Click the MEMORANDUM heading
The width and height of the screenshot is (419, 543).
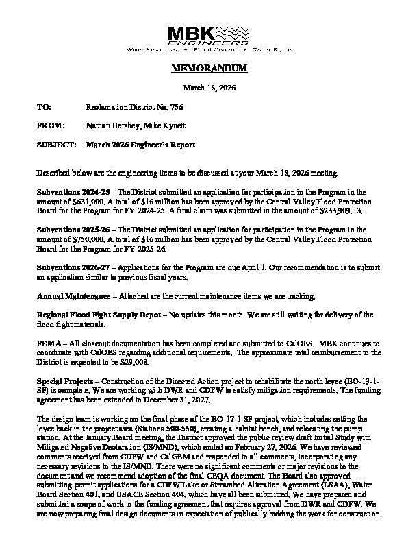[x=209, y=70]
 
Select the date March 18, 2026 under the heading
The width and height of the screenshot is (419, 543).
[x=209, y=88]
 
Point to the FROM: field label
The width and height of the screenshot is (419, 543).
[x=50, y=126]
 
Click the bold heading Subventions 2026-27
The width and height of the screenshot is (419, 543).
[x=72, y=269]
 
